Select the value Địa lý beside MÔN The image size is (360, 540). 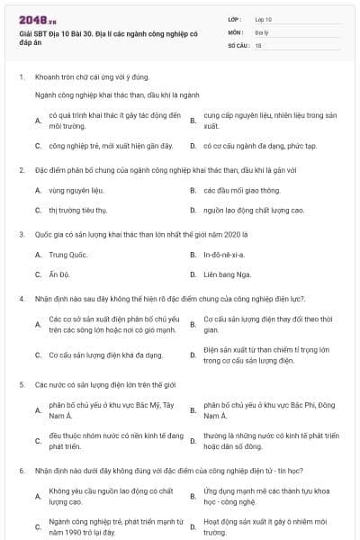[x=261, y=31]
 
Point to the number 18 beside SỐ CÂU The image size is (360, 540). [x=258, y=44]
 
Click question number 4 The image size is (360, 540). [x=21, y=297]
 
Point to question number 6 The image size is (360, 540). [x=21, y=470]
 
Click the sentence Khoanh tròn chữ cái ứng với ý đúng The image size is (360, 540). [x=85, y=76]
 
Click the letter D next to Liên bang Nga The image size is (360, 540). [x=193, y=274]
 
